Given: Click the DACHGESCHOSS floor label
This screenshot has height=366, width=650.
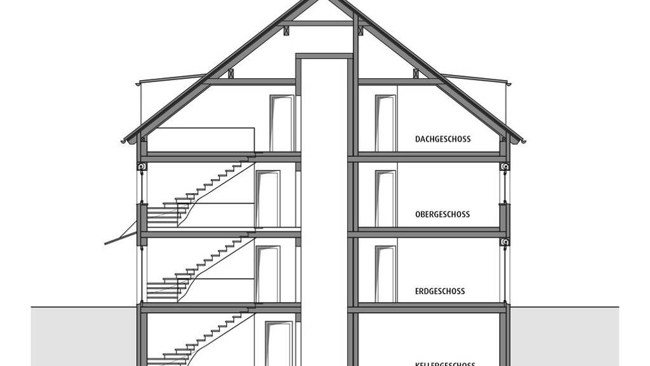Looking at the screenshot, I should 443,139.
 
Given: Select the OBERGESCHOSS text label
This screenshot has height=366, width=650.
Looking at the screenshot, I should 443,215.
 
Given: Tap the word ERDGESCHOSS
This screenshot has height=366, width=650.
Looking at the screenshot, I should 440,291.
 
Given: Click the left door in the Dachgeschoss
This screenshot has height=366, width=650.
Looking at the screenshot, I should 282,123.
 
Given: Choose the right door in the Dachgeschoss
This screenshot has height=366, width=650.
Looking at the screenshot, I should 385,123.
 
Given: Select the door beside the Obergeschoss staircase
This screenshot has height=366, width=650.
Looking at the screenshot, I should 268,199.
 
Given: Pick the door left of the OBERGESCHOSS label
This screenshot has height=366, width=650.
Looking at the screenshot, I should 385,199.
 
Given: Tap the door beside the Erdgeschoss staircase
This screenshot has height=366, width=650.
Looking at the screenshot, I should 268,274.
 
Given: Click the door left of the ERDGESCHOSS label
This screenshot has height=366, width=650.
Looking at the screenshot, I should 385,274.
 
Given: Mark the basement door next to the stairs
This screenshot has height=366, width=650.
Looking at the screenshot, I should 279,344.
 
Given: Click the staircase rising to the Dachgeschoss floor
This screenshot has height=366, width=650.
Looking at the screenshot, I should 201,191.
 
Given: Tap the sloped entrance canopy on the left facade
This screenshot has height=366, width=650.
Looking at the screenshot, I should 121,238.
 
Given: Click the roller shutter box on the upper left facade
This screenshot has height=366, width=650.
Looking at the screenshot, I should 141,166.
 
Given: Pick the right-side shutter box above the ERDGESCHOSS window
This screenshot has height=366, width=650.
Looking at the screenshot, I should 505,242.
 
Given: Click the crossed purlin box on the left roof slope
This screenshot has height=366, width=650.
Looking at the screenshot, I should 231,74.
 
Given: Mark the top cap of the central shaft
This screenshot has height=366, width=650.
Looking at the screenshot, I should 324,57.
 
